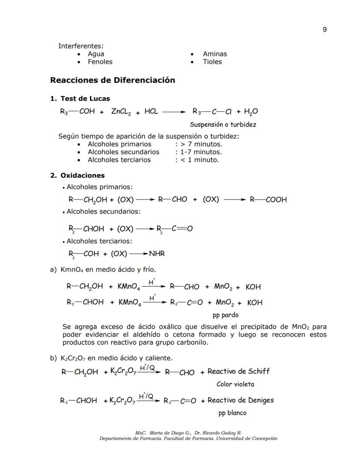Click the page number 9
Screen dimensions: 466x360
point(325,30)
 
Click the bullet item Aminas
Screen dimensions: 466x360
point(214,54)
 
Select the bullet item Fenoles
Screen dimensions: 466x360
point(100,62)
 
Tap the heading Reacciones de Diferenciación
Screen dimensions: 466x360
point(113,80)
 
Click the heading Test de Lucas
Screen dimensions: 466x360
point(85,98)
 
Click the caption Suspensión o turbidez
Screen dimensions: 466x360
point(223,124)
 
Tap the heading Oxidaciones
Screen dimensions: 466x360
point(83,175)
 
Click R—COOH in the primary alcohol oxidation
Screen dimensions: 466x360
point(268,200)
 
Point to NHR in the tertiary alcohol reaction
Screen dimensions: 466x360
point(157,253)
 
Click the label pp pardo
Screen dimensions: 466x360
point(225,315)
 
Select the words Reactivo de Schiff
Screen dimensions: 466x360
point(238,371)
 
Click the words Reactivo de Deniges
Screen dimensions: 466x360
point(240,400)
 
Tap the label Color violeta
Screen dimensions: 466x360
point(235,384)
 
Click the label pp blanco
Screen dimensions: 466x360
point(232,412)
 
